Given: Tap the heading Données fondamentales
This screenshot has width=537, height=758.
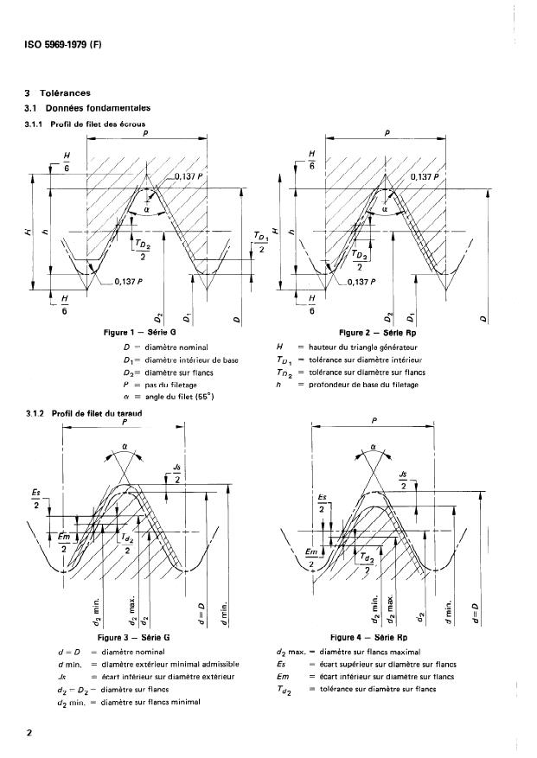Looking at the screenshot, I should pyautogui.click(x=99, y=108).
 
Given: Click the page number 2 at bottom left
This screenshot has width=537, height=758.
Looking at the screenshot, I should pyautogui.click(x=29, y=732).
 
